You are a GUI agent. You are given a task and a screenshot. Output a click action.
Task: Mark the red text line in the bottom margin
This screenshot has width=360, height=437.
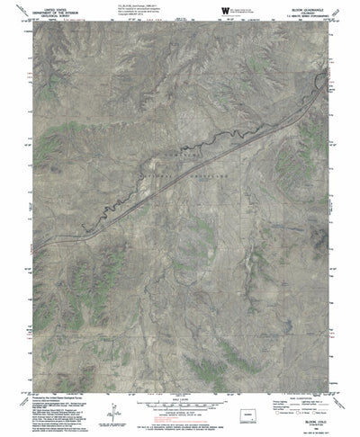coord(180,429)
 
